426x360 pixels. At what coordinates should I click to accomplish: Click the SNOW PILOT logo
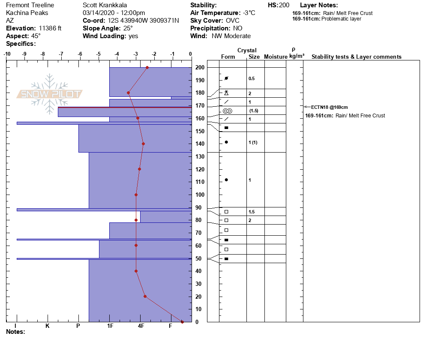50,94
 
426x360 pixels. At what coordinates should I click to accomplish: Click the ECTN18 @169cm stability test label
329,107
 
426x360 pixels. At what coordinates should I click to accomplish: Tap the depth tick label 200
200,68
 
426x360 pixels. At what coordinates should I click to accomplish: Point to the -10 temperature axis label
7,54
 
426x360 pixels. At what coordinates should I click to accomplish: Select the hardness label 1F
110,326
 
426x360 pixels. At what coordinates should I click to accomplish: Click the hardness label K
48,326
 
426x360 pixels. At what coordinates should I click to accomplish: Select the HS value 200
284,5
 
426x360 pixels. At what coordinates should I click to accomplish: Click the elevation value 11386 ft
48,28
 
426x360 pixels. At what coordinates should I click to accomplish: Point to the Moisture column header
276,57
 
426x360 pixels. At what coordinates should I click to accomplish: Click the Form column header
228,57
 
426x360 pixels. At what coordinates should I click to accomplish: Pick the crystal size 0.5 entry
252,78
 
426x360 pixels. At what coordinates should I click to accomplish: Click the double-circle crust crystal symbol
226,111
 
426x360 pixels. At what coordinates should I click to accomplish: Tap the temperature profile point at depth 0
182,322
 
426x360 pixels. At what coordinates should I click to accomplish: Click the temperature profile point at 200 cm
147,67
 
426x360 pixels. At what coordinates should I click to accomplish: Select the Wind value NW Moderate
231,36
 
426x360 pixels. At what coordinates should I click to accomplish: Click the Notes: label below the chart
16,332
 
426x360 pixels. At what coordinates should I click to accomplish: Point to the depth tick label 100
200,195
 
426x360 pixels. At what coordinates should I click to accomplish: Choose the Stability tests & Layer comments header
356,57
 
